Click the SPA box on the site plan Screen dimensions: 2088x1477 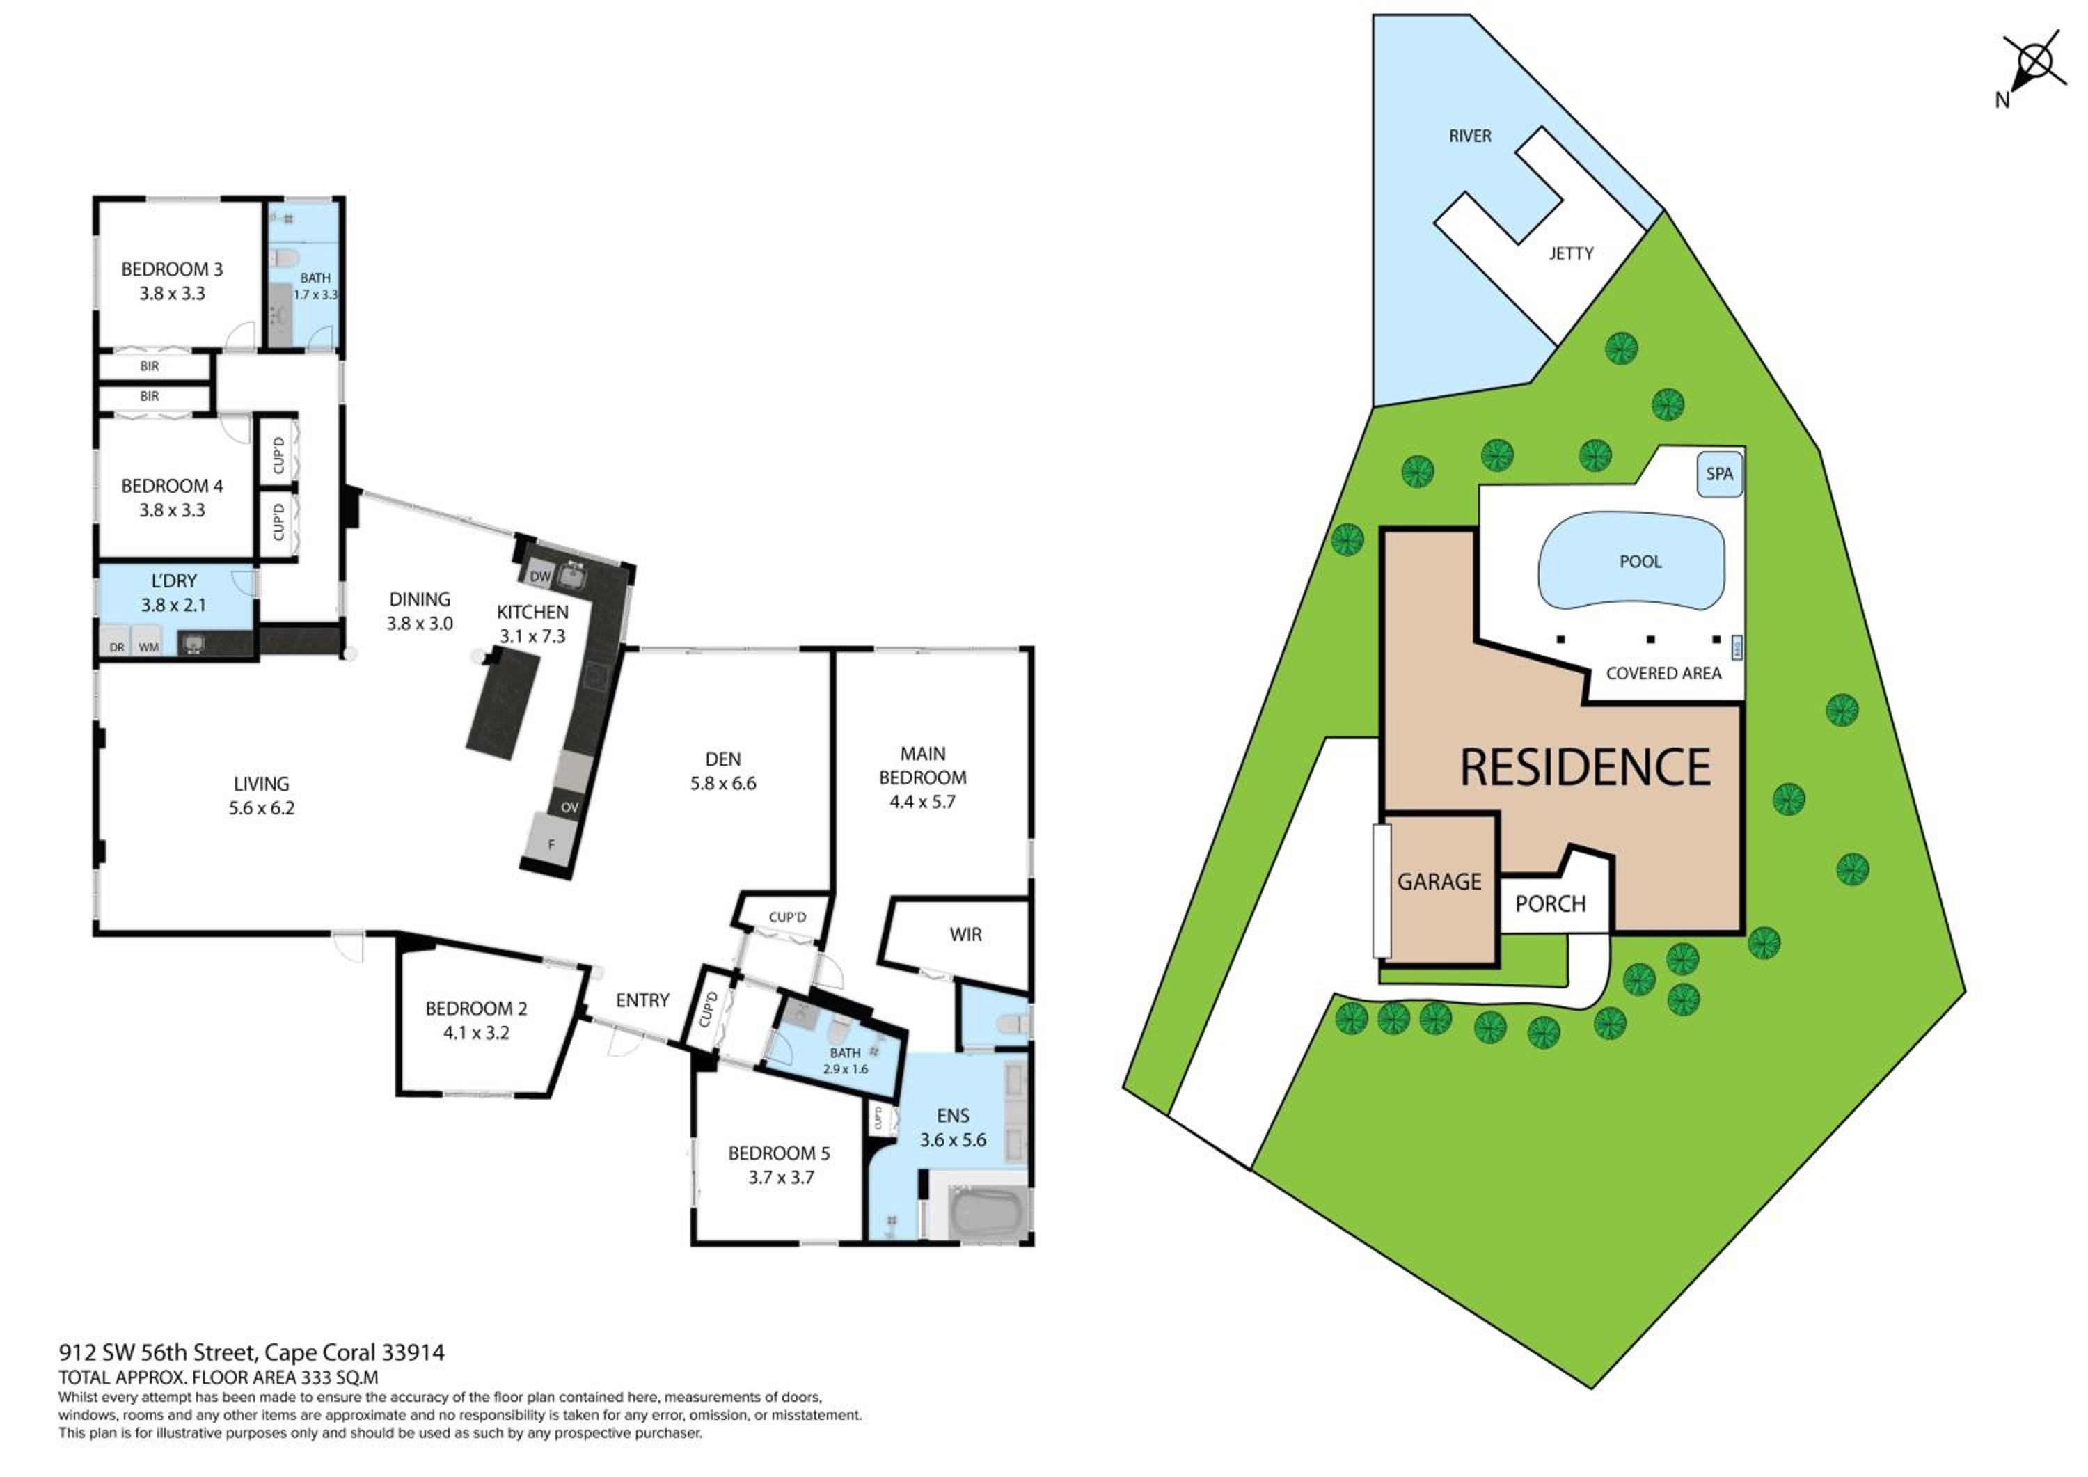tap(1720, 474)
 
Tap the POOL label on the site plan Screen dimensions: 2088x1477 tap(1640, 562)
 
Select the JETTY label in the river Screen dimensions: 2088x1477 tap(1572, 254)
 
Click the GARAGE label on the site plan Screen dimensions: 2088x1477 tap(1439, 881)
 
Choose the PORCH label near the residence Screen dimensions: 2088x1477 tap(1551, 904)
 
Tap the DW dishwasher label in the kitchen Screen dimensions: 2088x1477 tap(540, 576)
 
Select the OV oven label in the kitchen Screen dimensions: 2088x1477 tap(569, 807)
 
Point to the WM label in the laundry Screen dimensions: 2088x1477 tap(148, 647)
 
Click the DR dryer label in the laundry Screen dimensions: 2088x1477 tap(116, 647)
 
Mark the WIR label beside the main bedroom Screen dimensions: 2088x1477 tap(966, 934)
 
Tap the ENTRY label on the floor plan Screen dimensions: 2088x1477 tap(642, 1000)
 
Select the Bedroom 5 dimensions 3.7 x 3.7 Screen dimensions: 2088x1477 tap(781, 1177)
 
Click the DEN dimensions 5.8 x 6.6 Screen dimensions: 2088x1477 tap(723, 783)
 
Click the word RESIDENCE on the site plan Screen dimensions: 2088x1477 tap(1585, 767)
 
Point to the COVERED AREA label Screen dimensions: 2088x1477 tap(1663, 674)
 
